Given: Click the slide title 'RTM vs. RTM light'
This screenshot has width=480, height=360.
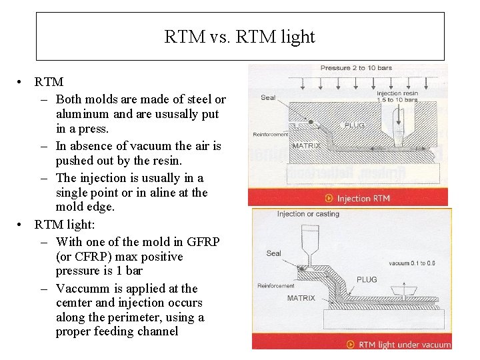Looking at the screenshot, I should click(x=239, y=37).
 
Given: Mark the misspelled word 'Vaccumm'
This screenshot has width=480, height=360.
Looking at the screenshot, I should click(x=81, y=289).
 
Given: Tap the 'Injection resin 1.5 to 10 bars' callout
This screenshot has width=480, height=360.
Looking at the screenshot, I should click(x=397, y=96).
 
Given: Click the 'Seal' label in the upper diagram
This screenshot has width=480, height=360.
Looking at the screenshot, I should click(x=268, y=98).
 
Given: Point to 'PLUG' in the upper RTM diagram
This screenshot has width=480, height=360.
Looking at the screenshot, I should click(x=354, y=125).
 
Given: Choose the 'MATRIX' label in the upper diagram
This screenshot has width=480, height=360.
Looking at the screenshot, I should click(x=307, y=145).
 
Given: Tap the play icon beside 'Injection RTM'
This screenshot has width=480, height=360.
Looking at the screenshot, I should click(x=329, y=198).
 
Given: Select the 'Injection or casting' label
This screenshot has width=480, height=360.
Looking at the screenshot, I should click(x=308, y=214).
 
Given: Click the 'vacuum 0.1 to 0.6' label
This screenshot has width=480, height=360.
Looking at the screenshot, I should click(x=413, y=263).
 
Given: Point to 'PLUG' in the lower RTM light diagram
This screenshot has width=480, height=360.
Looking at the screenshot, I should click(x=367, y=280).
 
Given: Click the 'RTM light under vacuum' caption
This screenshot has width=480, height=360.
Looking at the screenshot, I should click(x=405, y=345).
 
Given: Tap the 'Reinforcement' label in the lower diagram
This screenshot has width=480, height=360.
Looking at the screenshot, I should click(x=276, y=286).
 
